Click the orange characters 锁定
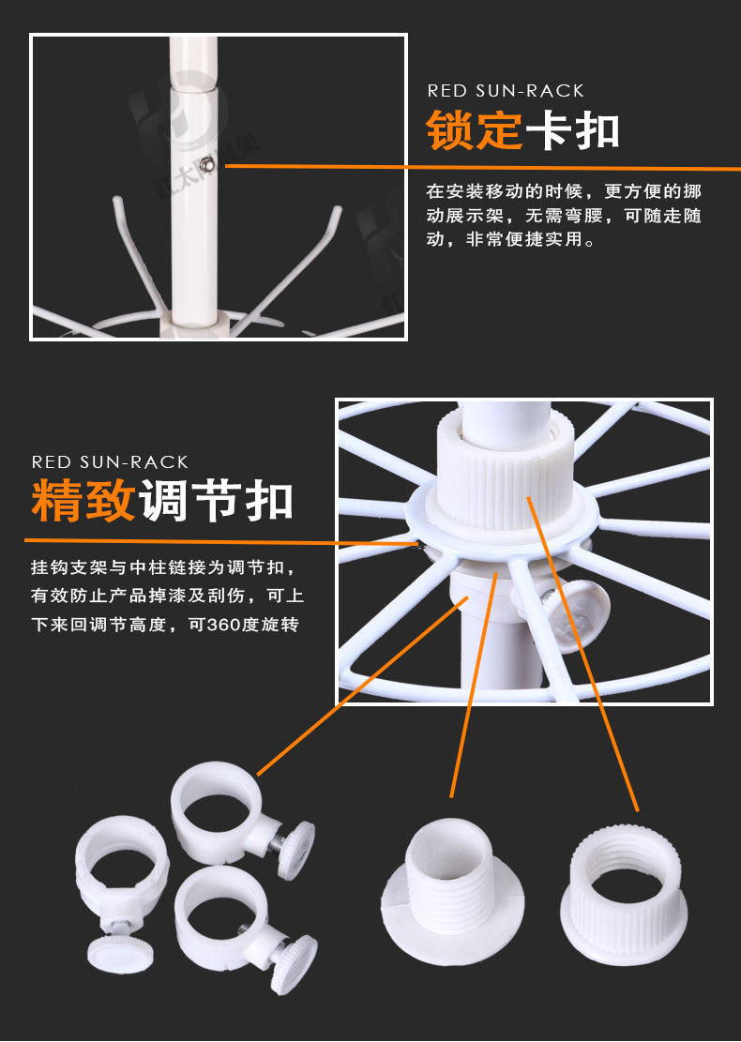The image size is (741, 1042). pos(474,131)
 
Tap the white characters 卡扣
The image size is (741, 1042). pos(572,131)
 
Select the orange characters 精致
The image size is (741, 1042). pos(83,501)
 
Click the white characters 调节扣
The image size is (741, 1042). pos(216,501)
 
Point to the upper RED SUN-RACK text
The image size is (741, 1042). pos(506,91)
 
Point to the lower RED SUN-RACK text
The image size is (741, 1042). pos(110,462)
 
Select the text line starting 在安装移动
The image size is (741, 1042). pos(563,191)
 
